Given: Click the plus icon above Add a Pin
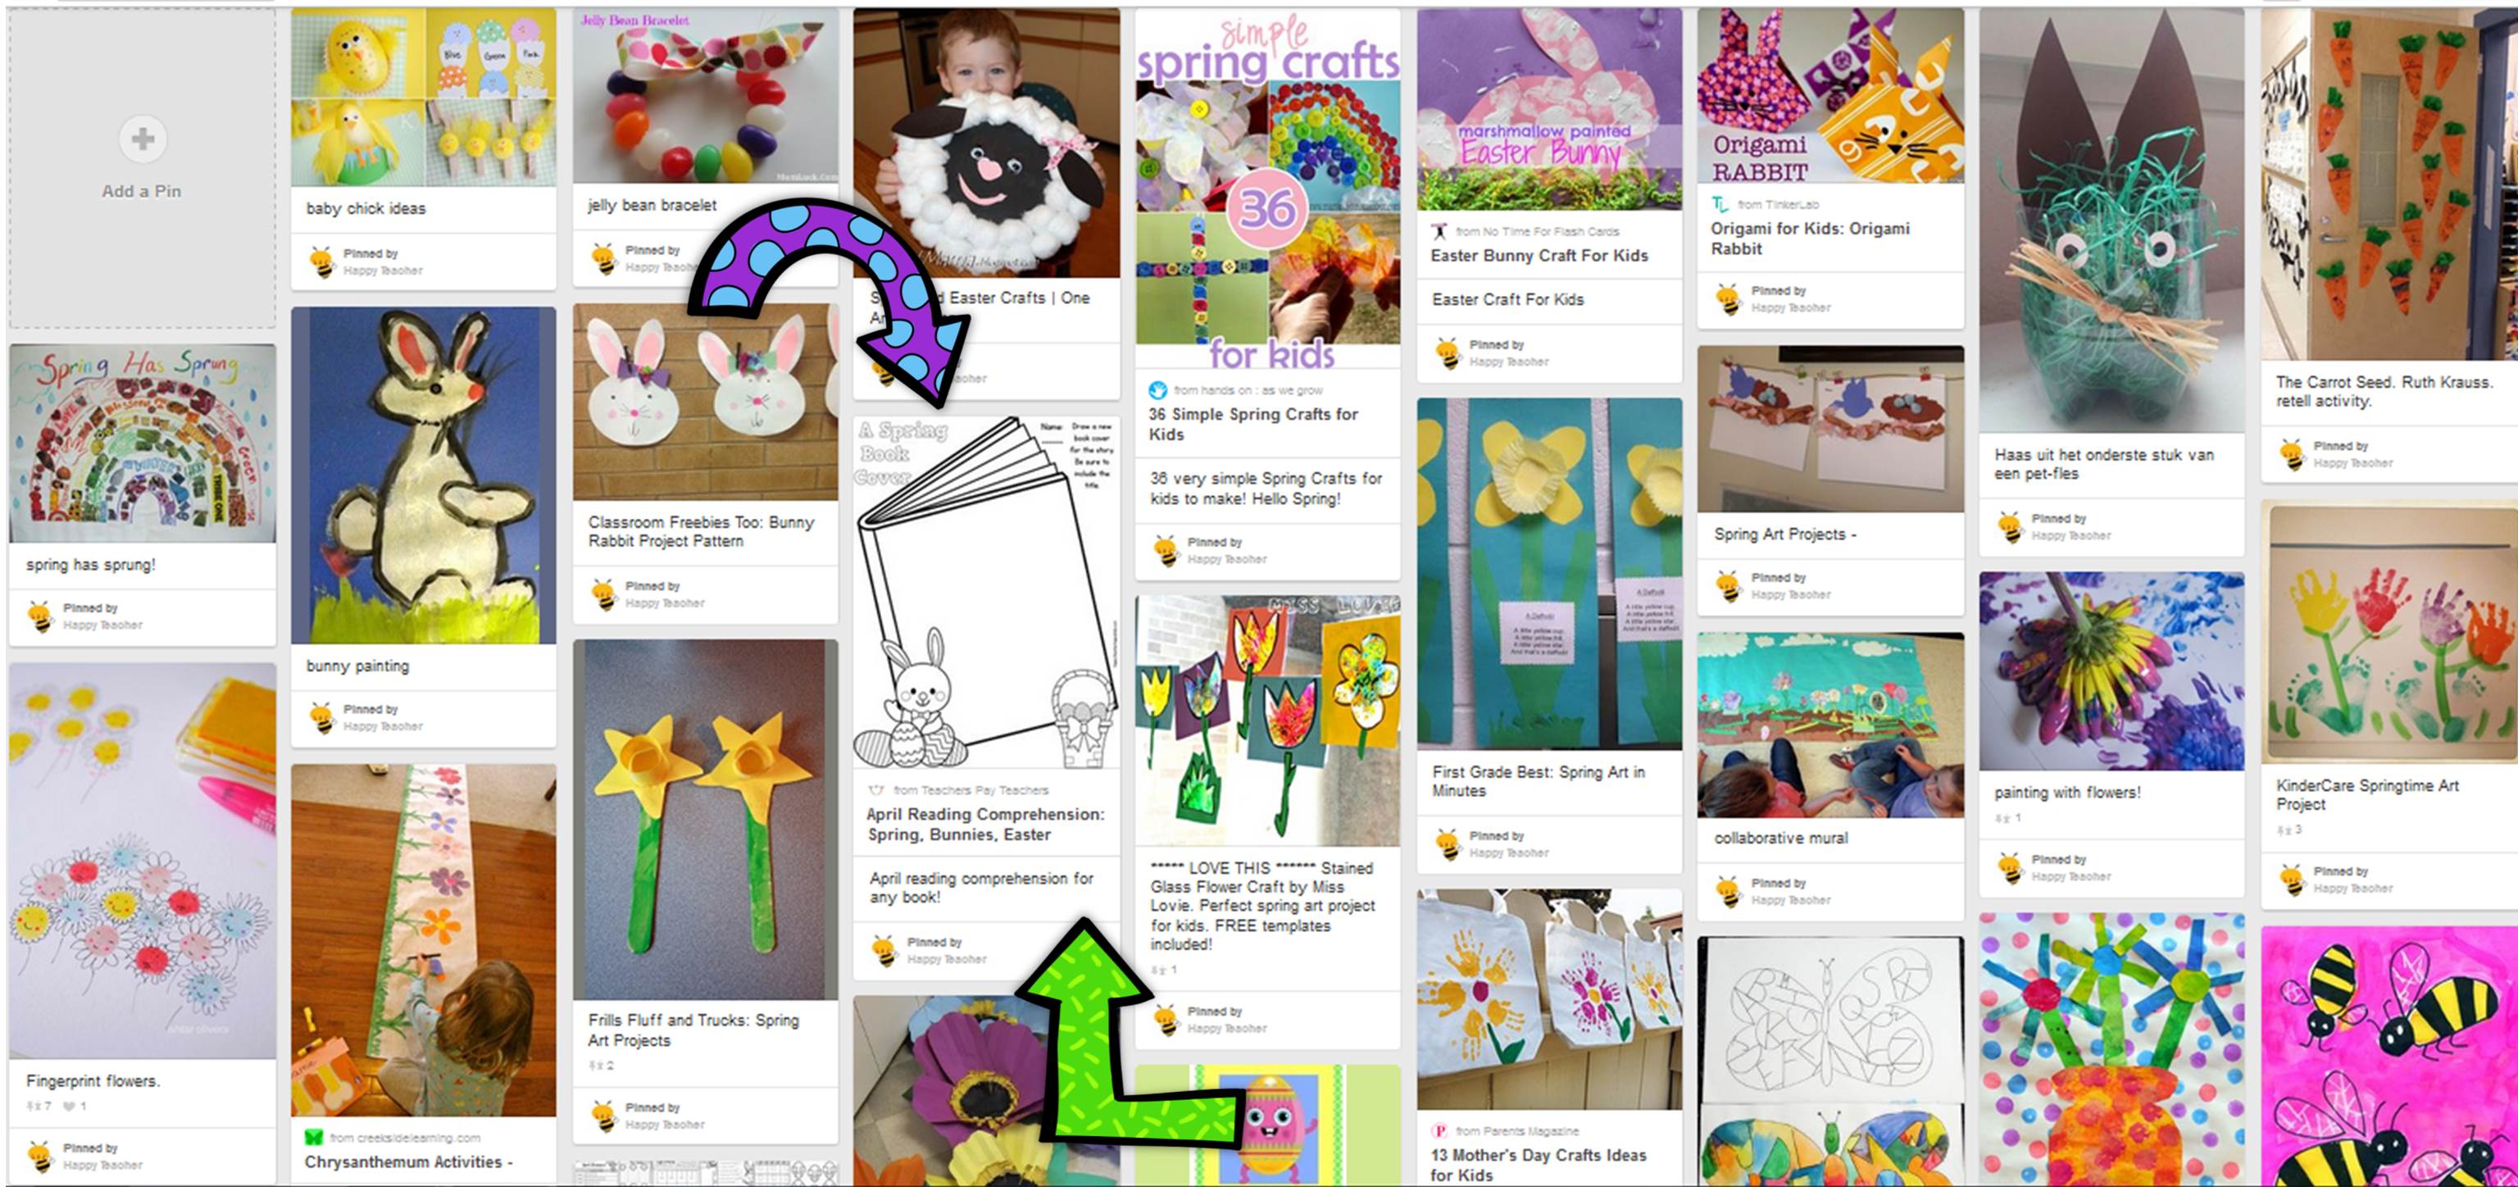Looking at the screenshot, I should (143, 139).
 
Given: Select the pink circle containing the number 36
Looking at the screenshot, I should (1268, 208).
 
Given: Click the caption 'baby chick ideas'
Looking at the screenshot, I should (366, 208).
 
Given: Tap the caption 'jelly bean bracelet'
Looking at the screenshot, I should (652, 205).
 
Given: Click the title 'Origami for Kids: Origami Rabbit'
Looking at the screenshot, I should (1809, 239).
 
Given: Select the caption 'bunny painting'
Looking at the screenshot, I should (357, 666).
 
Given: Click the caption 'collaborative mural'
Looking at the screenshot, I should (1780, 838).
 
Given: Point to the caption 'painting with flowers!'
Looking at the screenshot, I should (2066, 793).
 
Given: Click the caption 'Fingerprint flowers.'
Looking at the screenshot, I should (93, 1080).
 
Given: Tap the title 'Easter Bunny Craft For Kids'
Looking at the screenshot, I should (1539, 255).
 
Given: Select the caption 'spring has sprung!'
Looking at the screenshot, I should (91, 564).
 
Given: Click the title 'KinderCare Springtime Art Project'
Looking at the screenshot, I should (2366, 795).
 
